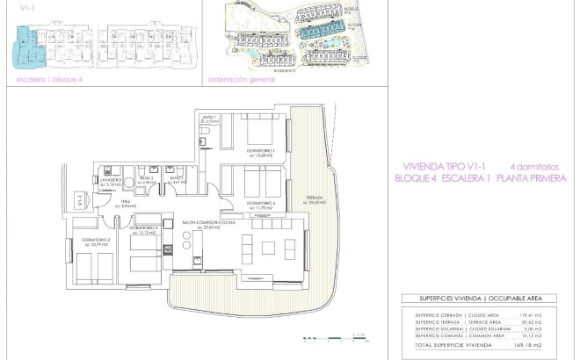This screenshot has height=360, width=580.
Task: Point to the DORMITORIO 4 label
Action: tap(260, 205)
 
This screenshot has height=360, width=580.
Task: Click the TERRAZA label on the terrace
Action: tap(314, 198)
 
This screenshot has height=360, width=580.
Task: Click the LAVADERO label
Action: tap(110, 181)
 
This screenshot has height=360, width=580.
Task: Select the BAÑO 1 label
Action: tap(209, 119)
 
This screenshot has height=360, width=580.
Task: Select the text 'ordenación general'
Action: tap(243, 77)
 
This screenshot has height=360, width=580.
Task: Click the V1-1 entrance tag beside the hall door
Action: tap(78, 201)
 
